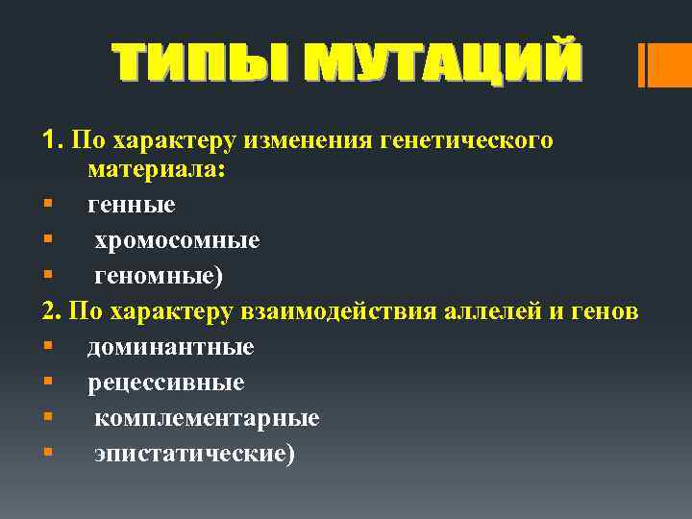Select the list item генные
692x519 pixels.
click(132, 204)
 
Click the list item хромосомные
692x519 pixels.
click(177, 239)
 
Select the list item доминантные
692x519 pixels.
click(171, 346)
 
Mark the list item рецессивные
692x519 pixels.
click(166, 383)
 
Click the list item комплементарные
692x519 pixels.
click(207, 418)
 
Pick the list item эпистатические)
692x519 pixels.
click(195, 454)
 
